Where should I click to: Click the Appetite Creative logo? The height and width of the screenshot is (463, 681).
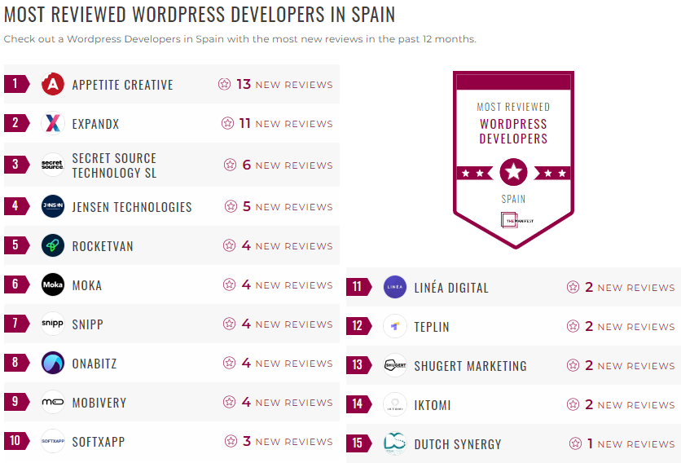(x=53, y=84)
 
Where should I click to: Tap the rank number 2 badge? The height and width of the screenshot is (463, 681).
(x=15, y=123)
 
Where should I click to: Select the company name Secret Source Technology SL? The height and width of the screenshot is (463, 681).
(x=114, y=165)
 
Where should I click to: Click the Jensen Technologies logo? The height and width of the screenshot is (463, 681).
(x=53, y=206)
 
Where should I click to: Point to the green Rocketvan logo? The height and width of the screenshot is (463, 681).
(x=53, y=245)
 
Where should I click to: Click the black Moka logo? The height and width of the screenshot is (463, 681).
(x=53, y=284)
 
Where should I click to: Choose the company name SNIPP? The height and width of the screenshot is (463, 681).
(x=88, y=324)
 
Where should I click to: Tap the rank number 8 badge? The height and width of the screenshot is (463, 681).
(x=15, y=363)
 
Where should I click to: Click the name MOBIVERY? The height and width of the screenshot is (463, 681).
(x=99, y=402)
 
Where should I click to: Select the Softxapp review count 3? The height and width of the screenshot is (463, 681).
(x=246, y=441)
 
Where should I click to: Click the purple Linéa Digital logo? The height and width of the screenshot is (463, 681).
(x=395, y=287)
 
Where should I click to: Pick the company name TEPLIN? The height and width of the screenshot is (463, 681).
(x=432, y=326)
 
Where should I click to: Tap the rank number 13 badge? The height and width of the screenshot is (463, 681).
(x=358, y=365)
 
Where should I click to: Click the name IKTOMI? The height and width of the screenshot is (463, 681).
(x=433, y=404)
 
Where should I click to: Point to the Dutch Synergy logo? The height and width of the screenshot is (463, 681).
(x=395, y=443)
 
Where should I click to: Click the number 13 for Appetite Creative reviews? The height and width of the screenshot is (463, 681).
(x=244, y=84)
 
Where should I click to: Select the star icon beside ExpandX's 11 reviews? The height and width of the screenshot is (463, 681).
(x=228, y=123)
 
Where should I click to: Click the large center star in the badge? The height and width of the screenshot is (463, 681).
(x=513, y=172)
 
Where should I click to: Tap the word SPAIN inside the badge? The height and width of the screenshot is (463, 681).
(x=513, y=198)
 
